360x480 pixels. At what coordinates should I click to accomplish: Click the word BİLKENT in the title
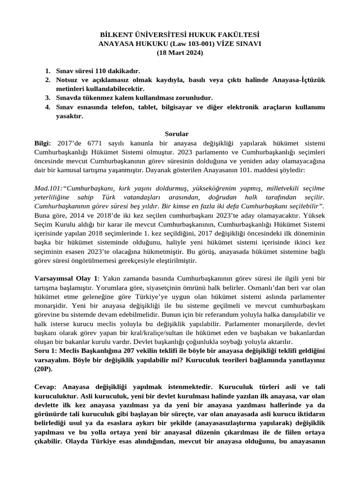(x=117, y=35)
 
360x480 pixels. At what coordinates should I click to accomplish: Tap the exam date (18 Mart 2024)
(x=180, y=52)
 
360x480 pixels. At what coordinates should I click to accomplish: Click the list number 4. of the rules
(x=48, y=107)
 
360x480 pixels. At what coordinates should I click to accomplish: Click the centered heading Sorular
(x=180, y=134)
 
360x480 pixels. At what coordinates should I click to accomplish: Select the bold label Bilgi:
(x=45, y=143)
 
